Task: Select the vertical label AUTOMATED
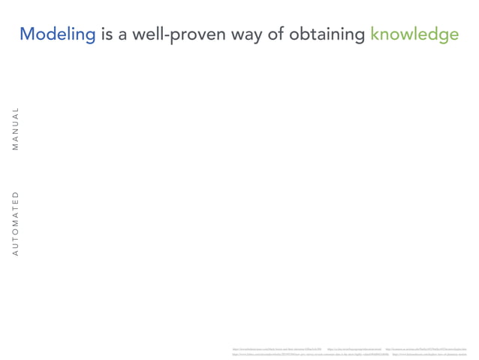[15, 224]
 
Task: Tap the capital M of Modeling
[28, 34]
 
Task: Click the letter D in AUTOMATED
[15, 195]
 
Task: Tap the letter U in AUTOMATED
[15, 245]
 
